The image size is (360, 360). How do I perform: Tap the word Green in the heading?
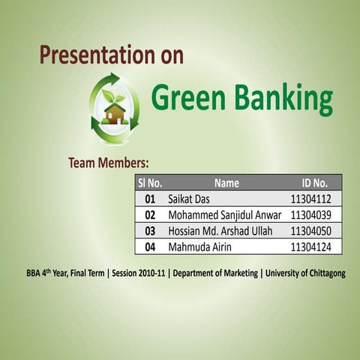[187, 97]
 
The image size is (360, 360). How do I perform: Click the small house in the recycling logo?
[115, 114]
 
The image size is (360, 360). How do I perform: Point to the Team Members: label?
[108, 162]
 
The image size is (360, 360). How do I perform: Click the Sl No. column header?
[150, 182]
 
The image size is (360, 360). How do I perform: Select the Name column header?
[226, 182]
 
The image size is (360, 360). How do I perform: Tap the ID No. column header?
[314, 182]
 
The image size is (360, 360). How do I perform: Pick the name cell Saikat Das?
[189, 199]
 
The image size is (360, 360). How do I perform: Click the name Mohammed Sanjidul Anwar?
[223, 214]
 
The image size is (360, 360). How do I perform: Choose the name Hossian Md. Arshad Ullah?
[220, 230]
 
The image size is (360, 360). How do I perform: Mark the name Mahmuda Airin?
[199, 246]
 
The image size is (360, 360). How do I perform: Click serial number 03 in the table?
[150, 230]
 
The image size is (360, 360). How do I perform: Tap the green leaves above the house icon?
[113, 97]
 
